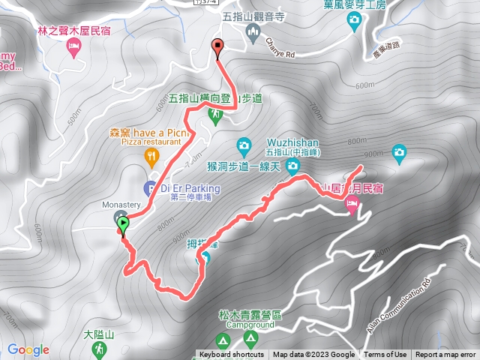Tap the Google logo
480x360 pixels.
click(x=28, y=349)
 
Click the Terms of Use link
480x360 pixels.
click(x=385, y=355)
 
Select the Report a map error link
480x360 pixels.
click(x=445, y=355)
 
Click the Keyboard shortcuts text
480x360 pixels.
click(x=232, y=355)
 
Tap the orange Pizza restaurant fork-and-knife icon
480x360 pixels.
click(x=151, y=155)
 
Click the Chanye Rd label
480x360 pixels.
click(x=281, y=54)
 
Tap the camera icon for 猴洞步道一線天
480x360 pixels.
click(x=243, y=145)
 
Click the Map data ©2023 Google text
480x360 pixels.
click(x=313, y=355)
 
